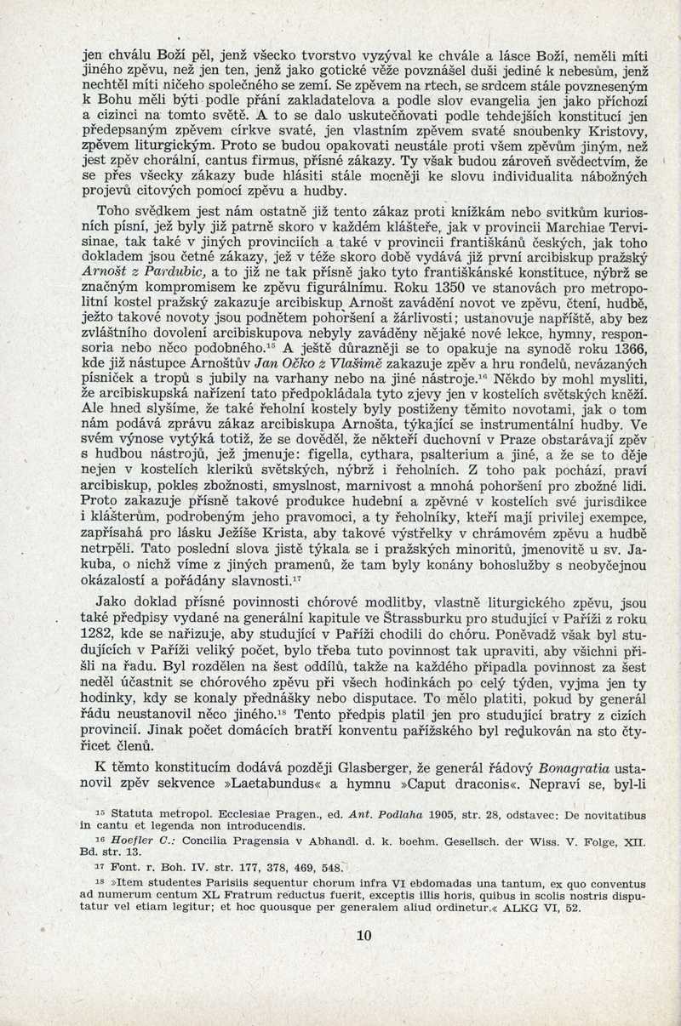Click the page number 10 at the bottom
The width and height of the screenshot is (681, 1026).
click(364, 936)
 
